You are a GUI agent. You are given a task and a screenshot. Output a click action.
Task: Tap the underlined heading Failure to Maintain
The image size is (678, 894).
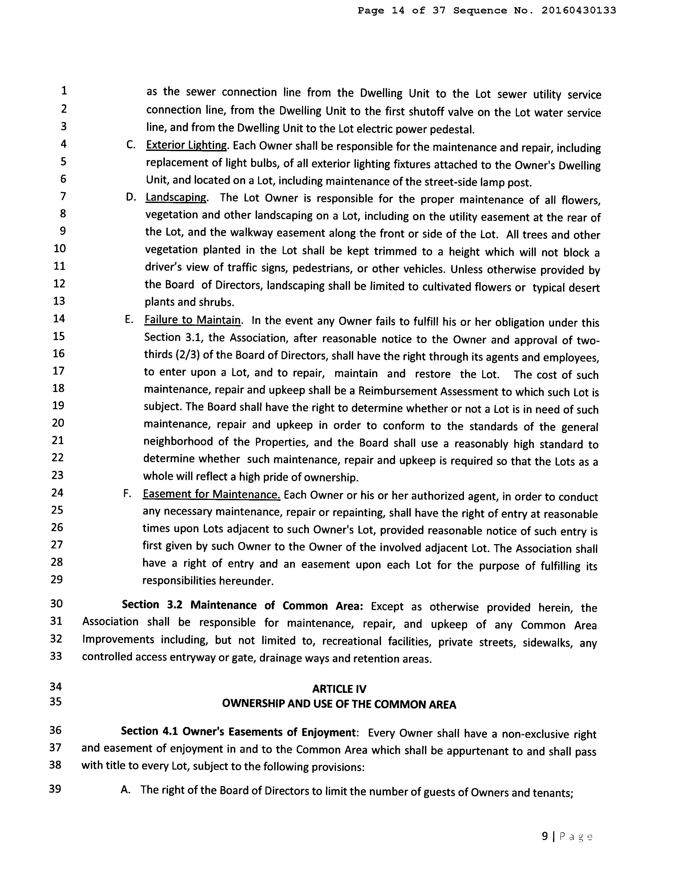click(193, 320)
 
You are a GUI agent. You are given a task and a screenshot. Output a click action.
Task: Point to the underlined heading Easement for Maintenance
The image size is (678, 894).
click(211, 494)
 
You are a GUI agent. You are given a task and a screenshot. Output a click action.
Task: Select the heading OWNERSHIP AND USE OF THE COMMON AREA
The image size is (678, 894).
click(339, 705)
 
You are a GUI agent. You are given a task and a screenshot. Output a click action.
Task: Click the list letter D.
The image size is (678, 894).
click(130, 197)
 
